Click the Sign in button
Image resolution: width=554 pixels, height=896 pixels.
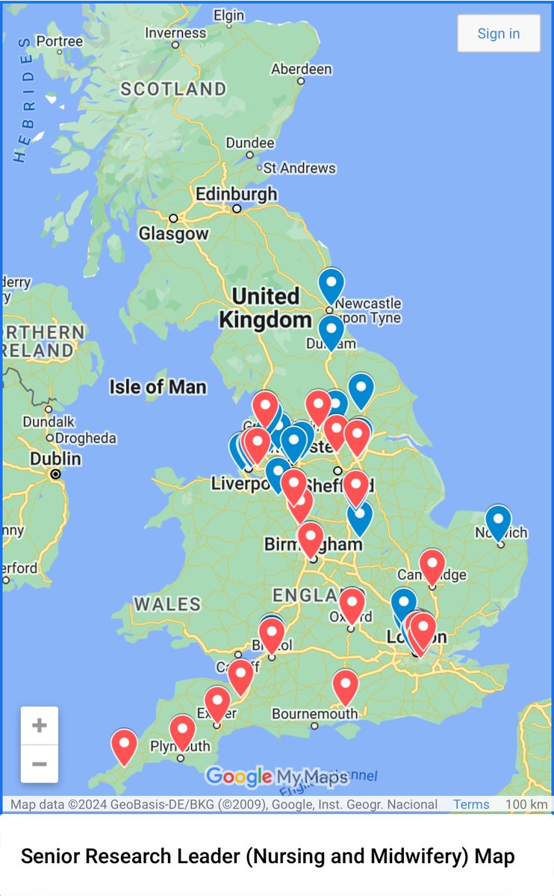498,34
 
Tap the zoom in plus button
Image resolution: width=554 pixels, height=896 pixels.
40,725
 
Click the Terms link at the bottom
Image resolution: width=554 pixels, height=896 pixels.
471,804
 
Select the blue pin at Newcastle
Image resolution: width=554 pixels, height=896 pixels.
331,284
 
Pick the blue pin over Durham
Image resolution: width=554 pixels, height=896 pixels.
331,331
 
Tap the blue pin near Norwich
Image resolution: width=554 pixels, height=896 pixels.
498,521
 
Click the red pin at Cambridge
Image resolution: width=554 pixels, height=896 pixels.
432,565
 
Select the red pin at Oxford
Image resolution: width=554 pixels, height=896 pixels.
352,604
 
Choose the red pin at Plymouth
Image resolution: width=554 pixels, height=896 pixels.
182,731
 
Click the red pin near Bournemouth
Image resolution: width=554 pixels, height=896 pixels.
345,685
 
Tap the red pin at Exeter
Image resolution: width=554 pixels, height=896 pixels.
217,703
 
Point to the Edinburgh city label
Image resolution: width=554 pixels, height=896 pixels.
236,194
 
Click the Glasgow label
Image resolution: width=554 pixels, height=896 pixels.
173,234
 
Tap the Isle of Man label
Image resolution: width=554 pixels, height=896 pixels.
158,387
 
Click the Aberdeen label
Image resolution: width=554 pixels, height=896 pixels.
301,69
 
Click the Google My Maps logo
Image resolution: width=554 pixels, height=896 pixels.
276,777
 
